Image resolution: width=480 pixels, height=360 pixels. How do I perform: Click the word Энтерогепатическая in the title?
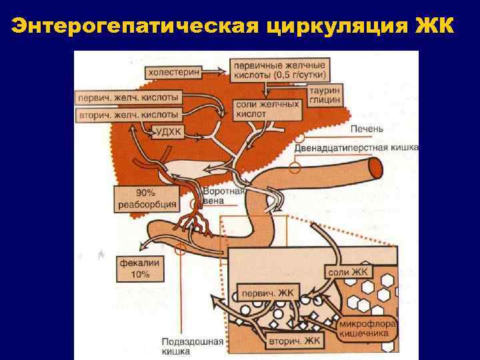[x=133, y=26]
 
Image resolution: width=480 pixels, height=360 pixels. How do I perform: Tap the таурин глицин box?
[x=325, y=94]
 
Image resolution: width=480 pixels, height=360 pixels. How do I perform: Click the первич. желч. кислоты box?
[x=129, y=98]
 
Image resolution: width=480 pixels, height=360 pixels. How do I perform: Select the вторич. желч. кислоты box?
[x=129, y=115]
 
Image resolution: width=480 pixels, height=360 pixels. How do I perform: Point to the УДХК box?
[x=168, y=131]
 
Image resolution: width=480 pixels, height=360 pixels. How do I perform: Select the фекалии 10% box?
[x=139, y=268]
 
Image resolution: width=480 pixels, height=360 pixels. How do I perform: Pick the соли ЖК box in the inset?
[x=348, y=271]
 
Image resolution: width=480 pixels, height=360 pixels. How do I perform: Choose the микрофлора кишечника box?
[x=367, y=329]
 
